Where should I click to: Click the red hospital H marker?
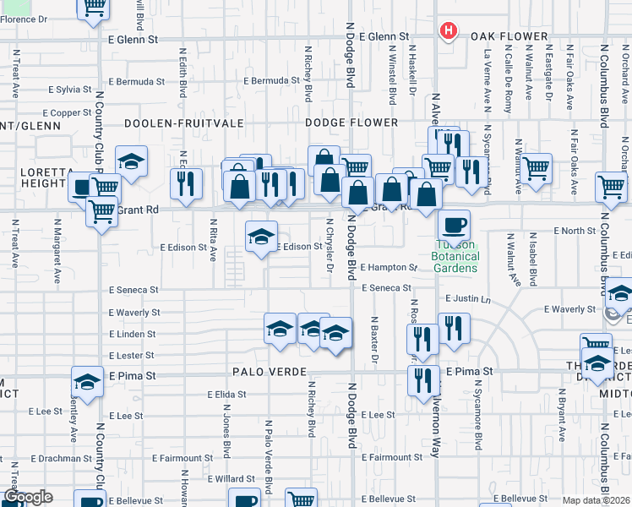pos(448,31)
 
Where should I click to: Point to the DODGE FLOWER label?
pos(351,123)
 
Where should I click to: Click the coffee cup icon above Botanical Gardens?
pos(454,225)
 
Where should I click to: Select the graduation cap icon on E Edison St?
pos(262,236)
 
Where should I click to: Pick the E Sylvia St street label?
pos(70,90)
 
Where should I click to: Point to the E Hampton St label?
pos(389,267)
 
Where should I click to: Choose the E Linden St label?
pos(133,335)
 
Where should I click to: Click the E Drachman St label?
pos(60,459)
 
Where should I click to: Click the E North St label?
pos(575,231)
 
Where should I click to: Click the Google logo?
pos(29,498)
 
